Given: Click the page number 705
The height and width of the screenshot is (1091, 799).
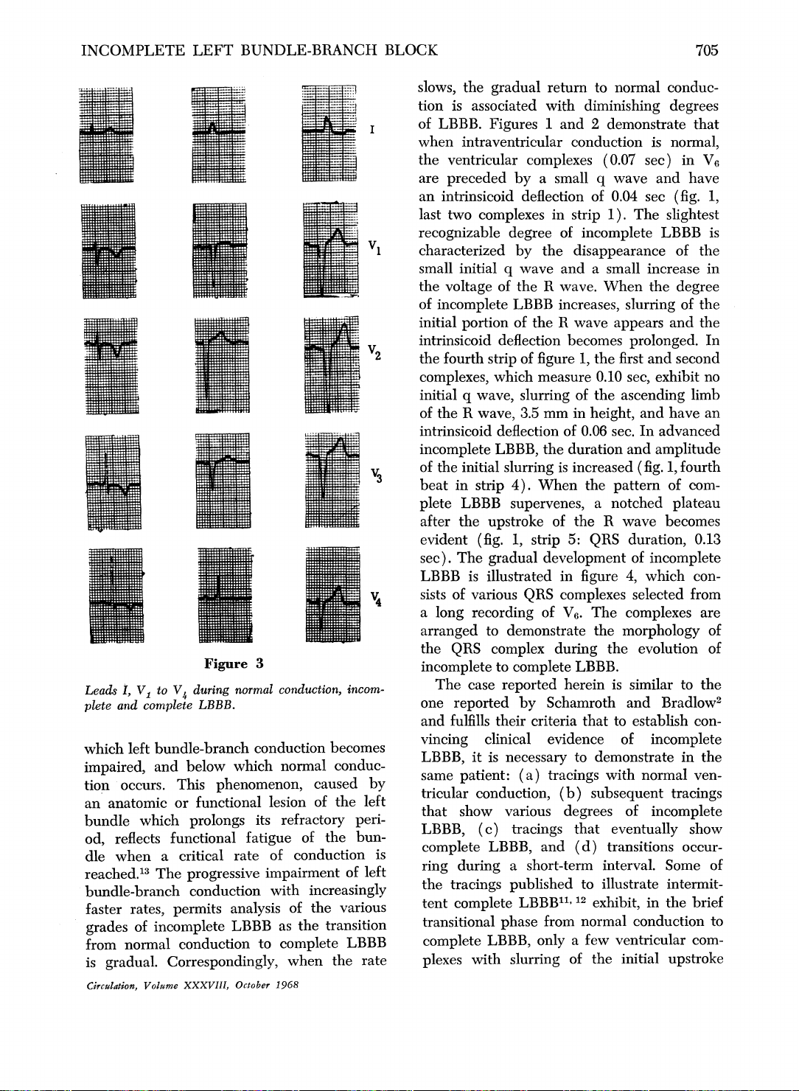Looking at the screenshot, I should point(705,50).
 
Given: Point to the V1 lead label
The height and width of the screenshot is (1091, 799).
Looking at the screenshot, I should point(374,245).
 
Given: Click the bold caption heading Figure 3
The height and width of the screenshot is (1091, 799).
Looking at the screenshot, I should point(234,663).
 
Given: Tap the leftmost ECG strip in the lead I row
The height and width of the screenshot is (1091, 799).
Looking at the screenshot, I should point(106,133).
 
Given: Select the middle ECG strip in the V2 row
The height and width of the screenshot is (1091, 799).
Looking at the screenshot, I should point(221,365).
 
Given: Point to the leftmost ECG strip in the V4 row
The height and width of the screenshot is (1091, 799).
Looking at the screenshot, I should point(116,596).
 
